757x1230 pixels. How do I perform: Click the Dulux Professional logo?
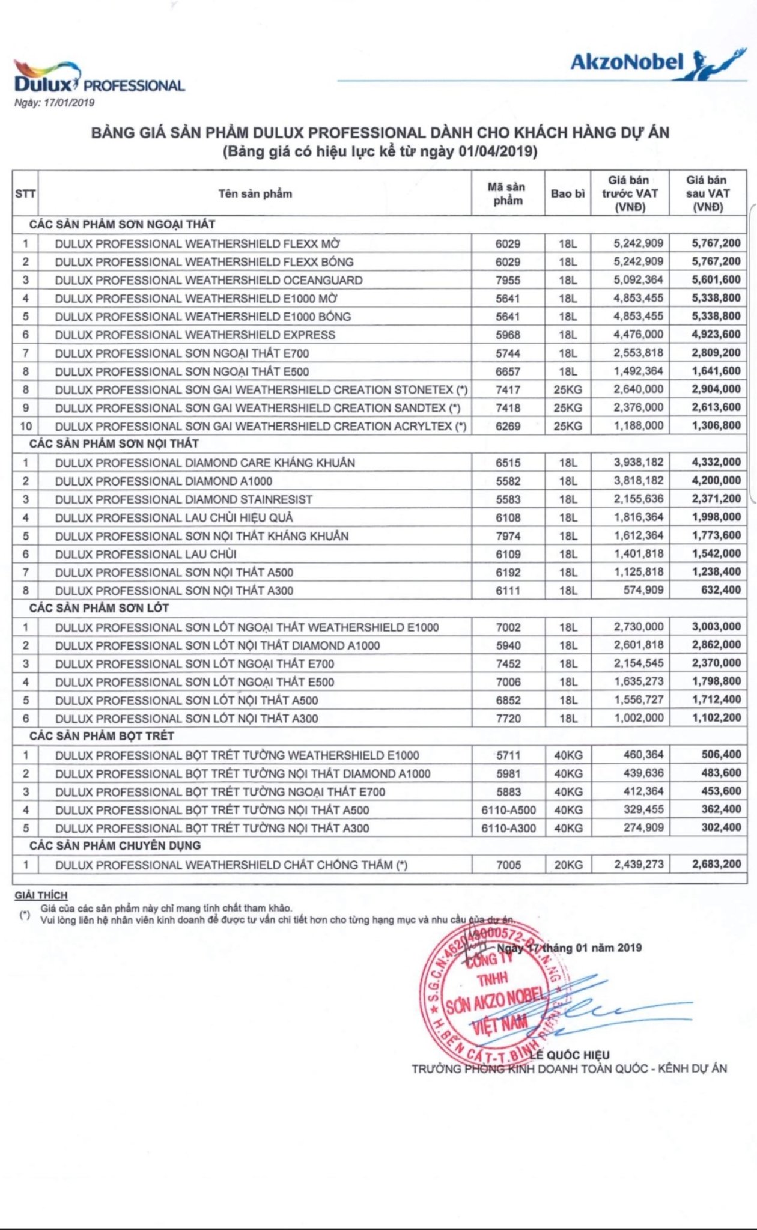pyautogui.click(x=99, y=77)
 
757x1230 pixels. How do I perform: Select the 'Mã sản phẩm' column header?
pyautogui.click(x=508, y=194)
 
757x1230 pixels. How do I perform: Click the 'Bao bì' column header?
pyautogui.click(x=567, y=194)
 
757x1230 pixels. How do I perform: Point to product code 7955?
pyautogui.click(x=508, y=280)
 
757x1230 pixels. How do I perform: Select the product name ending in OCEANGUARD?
pyautogui.click(x=208, y=280)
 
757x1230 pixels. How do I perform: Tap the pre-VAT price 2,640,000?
pyautogui.click(x=638, y=389)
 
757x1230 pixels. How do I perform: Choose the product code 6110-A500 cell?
pyautogui.click(x=508, y=810)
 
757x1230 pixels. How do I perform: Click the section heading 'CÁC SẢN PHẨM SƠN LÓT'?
pyautogui.click(x=99, y=608)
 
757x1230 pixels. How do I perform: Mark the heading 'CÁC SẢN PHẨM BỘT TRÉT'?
pyautogui.click(x=102, y=736)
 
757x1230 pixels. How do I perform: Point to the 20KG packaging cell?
pyautogui.click(x=568, y=865)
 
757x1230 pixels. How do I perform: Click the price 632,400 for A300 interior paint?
pyautogui.click(x=720, y=590)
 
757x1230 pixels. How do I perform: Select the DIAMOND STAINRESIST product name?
pyautogui.click(x=184, y=499)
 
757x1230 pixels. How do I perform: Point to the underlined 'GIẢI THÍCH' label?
pyautogui.click(x=41, y=895)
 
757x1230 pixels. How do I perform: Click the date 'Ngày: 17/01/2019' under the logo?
pyautogui.click(x=55, y=103)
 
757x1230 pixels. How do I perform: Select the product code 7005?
pyautogui.click(x=508, y=865)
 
